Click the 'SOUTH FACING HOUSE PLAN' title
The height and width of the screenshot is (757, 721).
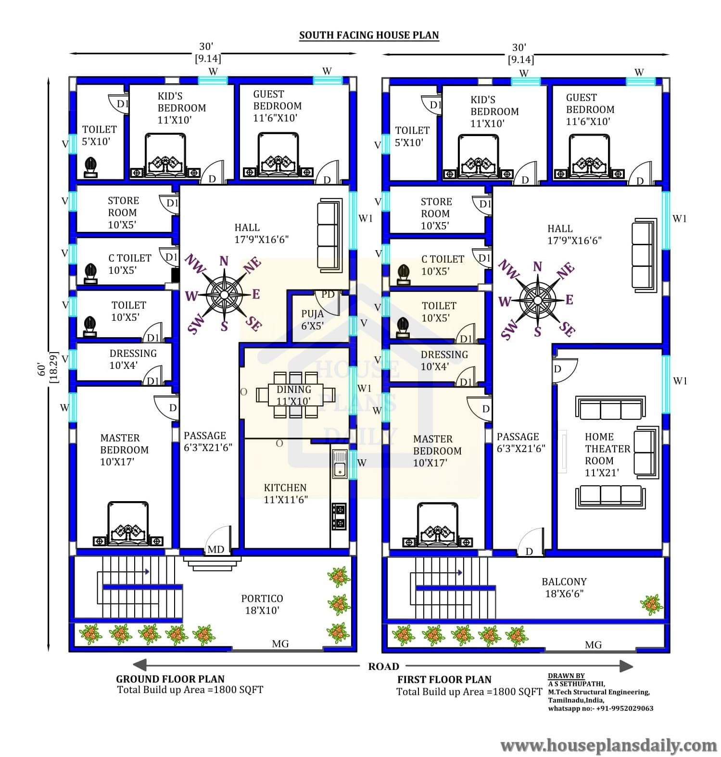369,35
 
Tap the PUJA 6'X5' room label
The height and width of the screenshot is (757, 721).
312,320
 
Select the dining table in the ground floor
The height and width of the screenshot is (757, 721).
295,395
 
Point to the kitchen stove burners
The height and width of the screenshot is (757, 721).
339,516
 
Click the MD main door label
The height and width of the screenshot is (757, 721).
215,549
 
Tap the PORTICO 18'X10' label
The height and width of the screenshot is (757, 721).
262,605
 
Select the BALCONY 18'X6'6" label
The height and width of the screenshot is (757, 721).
564,588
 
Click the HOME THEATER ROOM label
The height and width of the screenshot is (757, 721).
607,454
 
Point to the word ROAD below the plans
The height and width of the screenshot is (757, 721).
383,667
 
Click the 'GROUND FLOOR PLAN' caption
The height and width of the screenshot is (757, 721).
170,679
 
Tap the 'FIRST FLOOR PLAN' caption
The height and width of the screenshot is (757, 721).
444,680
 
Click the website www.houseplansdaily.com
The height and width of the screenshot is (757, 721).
608,746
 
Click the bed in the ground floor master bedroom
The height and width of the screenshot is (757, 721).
128,524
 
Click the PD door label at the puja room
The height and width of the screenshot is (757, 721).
328,294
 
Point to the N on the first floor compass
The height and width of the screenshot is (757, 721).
537,266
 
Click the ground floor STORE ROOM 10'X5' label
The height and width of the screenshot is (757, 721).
123,213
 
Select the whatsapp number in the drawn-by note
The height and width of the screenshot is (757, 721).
600,708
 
